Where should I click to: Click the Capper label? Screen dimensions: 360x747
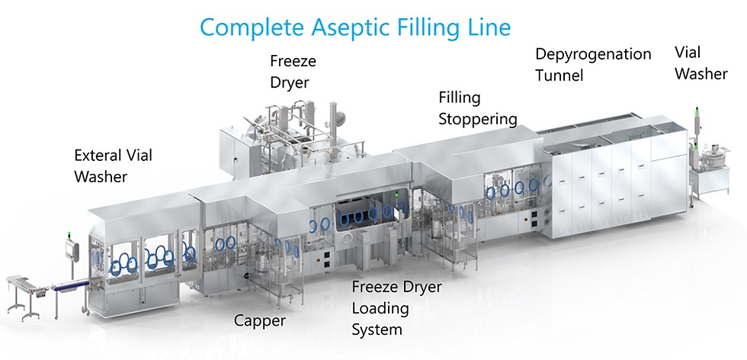[259, 321]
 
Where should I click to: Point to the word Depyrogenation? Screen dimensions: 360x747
[593, 54]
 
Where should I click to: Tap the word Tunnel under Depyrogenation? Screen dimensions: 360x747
[559, 75]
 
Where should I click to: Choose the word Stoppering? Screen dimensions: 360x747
[478, 119]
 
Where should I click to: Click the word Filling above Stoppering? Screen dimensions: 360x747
[459, 98]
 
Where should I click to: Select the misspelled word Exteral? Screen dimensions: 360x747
[95, 156]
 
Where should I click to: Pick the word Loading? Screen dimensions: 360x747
[380, 309]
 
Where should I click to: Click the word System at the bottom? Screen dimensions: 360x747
[376, 330]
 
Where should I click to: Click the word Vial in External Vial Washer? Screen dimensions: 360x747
[139, 156]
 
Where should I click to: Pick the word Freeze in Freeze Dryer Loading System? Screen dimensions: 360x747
[375, 288]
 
